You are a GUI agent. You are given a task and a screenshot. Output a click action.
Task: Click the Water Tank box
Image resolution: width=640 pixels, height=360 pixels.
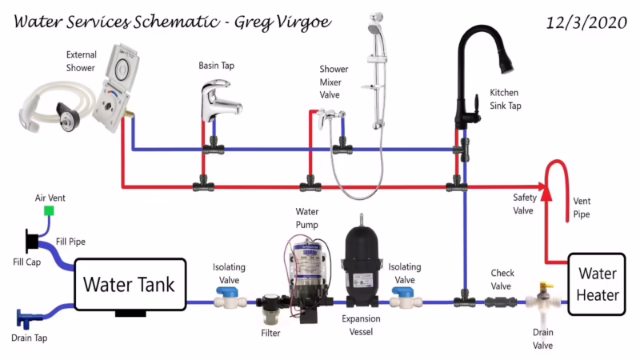click(x=130, y=284)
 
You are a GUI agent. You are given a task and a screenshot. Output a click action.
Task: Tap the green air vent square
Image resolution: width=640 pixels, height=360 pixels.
click(x=49, y=211)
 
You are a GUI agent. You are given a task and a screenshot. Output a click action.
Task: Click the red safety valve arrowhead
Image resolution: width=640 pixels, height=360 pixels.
click(x=546, y=190)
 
